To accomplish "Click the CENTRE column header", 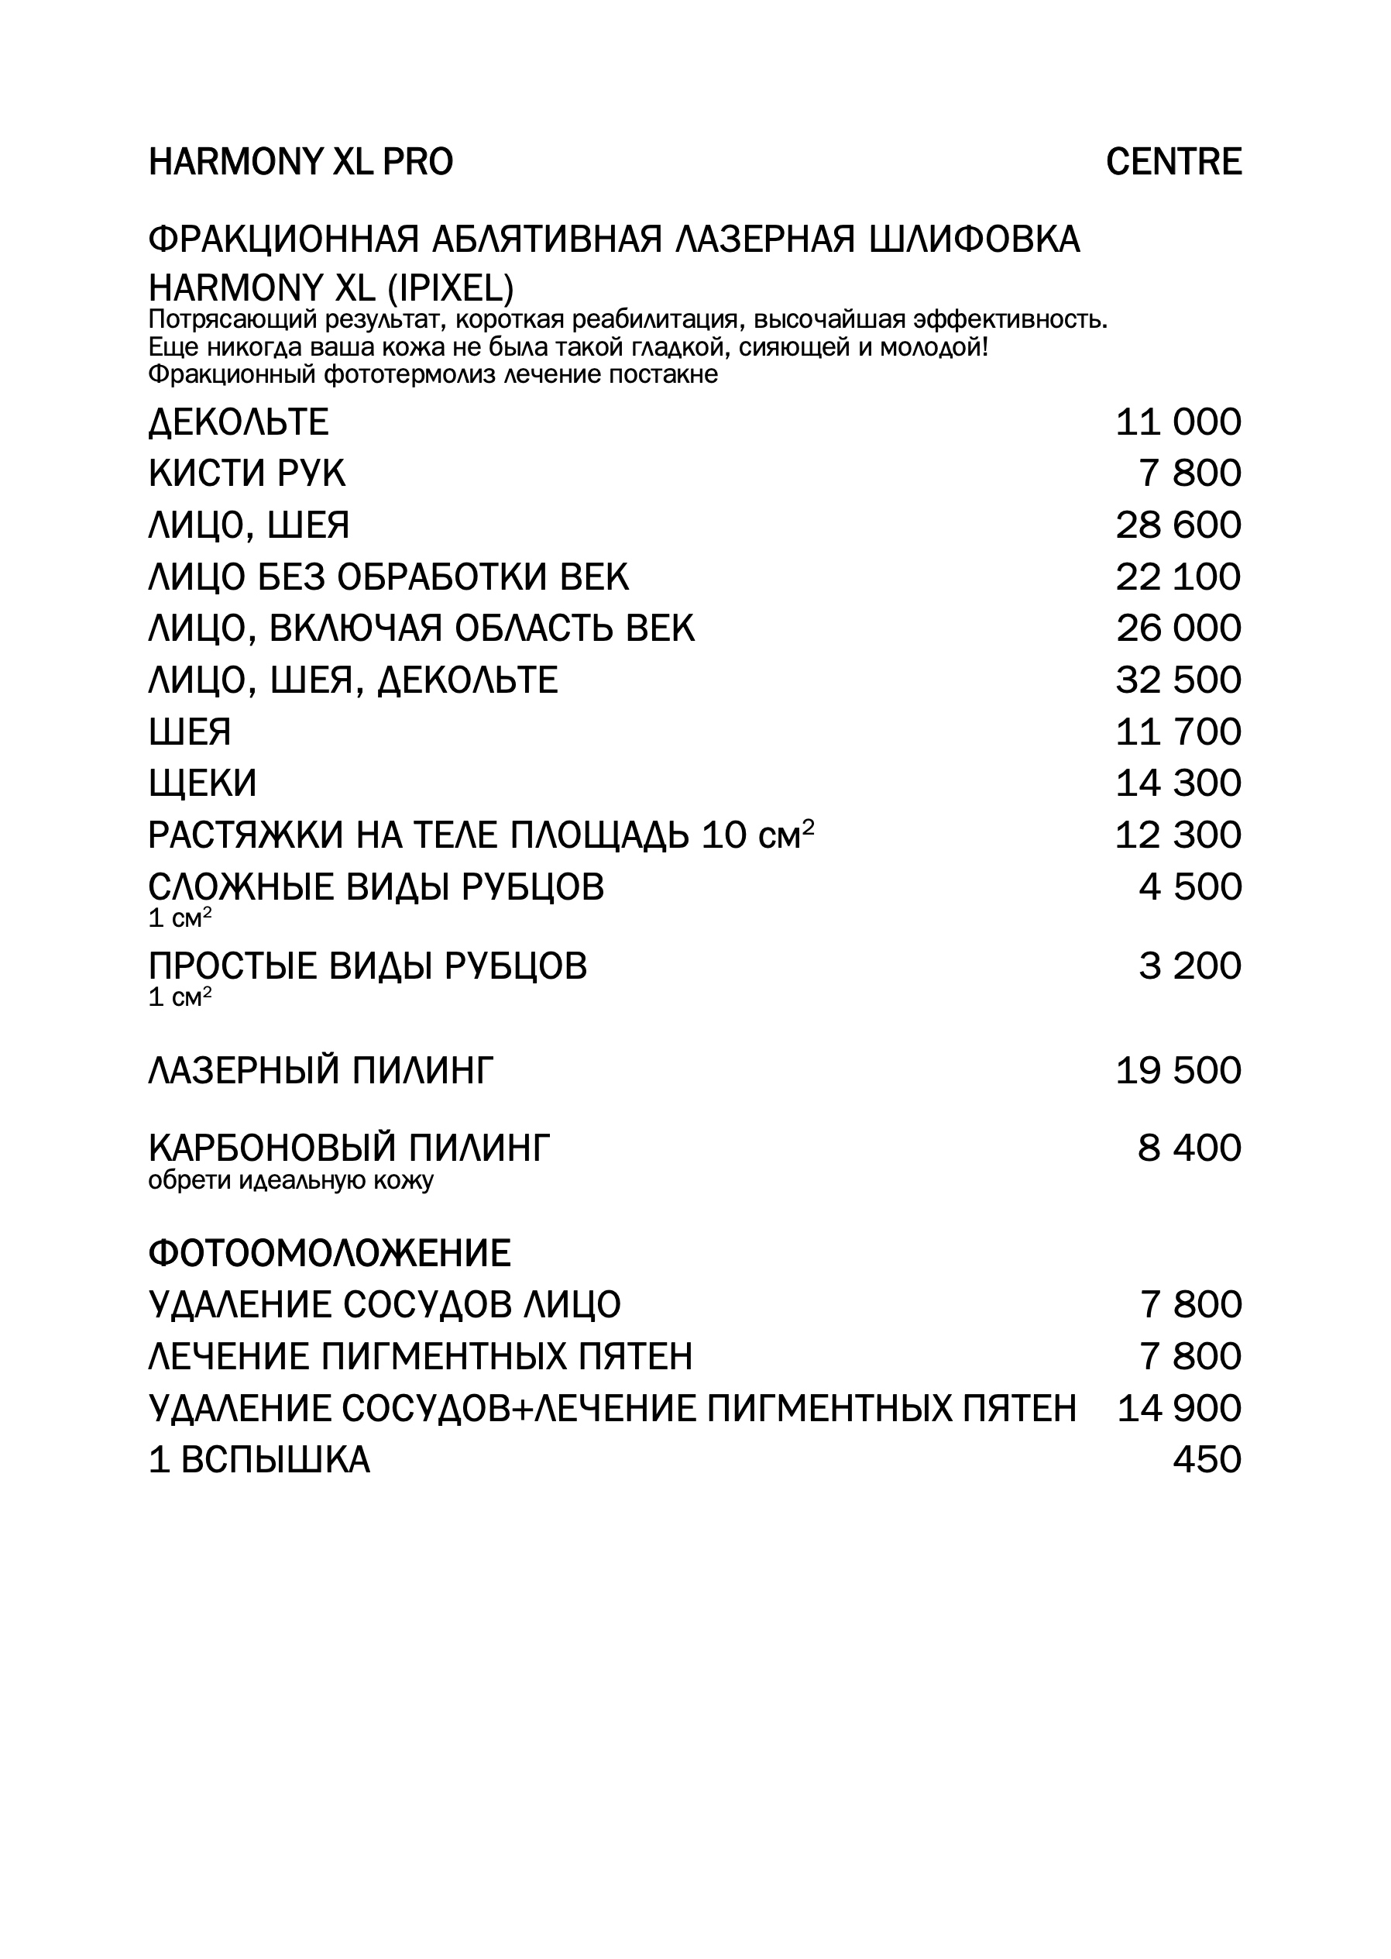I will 1173,162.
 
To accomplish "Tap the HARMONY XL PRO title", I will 301,162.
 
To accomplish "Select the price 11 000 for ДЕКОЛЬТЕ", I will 1178,422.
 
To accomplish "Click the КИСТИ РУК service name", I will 247,474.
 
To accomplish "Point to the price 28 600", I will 1178,525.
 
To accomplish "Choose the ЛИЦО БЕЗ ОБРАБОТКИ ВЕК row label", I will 388,577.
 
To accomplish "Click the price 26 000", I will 1178,628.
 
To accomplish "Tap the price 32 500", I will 1178,680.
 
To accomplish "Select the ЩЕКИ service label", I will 202,783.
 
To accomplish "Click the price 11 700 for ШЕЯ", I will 1178,732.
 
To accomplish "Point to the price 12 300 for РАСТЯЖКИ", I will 1178,835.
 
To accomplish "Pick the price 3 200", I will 1190,966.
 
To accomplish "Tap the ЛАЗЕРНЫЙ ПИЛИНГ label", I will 321,1070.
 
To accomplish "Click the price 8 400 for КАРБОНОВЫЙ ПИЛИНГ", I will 1189,1148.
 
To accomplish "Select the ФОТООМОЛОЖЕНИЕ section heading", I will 330,1254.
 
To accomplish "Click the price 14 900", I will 1179,1408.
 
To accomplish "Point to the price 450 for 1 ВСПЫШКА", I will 1207,1459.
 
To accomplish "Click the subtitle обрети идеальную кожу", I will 291,1181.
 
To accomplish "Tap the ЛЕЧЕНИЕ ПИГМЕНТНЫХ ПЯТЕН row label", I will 421,1357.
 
